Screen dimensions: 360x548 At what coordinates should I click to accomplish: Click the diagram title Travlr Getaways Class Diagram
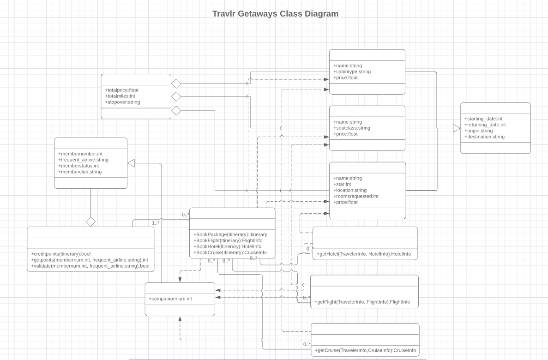(275, 14)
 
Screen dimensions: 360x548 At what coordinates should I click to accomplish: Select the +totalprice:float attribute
(122, 90)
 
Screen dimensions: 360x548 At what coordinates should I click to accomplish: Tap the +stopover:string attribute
(122, 102)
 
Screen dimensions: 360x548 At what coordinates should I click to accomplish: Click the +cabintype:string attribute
(352, 72)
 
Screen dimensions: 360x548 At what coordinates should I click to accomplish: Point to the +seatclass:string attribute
(352, 128)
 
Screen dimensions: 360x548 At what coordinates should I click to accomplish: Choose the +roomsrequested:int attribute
(356, 196)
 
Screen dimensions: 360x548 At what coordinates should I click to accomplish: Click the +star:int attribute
(342, 184)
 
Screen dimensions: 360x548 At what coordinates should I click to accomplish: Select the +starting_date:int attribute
(483, 119)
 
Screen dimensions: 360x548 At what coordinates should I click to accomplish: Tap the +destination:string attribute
(484, 137)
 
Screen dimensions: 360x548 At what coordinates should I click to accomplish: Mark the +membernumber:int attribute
(80, 154)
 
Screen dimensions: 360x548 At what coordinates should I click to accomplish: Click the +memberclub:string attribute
(80, 172)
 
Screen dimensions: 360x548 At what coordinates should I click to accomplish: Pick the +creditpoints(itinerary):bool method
(61, 254)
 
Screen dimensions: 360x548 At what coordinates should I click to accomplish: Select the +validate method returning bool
(90, 266)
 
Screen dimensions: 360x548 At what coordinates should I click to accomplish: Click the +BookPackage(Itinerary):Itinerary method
(230, 234)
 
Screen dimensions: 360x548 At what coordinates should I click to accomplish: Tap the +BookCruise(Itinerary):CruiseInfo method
(230, 252)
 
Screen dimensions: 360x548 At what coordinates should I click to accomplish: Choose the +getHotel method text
(364, 254)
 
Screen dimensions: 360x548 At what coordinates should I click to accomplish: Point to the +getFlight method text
(362, 302)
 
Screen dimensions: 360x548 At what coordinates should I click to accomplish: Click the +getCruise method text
(365, 350)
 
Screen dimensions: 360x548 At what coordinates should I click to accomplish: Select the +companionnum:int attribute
(170, 299)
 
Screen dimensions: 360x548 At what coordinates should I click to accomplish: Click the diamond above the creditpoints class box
(90, 222)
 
